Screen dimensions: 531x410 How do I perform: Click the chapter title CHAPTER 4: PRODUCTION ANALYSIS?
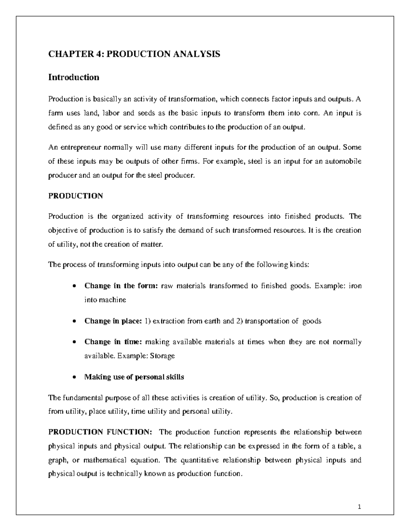134,54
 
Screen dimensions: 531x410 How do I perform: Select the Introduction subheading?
73,77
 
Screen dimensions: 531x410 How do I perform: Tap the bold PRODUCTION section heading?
76,196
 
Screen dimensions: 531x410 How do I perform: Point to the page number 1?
359,507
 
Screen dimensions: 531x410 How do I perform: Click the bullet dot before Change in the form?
74,287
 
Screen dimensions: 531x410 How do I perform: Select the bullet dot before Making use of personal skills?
74,377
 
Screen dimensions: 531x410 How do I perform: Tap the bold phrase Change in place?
113,321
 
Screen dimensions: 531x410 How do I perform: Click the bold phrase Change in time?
113,342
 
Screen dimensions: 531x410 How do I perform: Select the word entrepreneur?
79,148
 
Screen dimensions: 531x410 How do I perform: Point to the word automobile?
343,162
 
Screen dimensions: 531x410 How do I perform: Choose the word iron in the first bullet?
354,286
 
